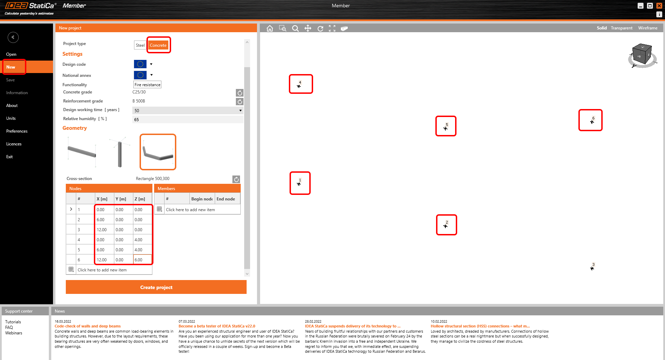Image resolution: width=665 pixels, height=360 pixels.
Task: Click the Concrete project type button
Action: tap(158, 45)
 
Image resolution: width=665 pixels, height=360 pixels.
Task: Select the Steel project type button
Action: tap(140, 45)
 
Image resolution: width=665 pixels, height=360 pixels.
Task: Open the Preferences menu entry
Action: tap(17, 131)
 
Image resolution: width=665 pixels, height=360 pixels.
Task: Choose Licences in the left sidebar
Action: tap(14, 144)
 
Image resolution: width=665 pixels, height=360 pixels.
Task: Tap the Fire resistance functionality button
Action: tap(148, 85)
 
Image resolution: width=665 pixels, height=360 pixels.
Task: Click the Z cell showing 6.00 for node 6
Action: tap(142, 260)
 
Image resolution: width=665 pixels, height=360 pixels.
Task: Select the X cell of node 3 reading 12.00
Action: tap(104, 230)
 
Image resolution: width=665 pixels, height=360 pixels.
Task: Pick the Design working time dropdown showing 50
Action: tap(188, 111)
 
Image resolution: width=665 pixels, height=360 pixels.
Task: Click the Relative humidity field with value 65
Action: tap(188, 120)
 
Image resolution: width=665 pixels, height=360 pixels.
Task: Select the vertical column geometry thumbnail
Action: tap(119, 152)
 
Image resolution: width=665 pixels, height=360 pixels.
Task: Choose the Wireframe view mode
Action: tap(648, 28)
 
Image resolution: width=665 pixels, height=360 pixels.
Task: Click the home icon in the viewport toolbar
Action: tap(270, 28)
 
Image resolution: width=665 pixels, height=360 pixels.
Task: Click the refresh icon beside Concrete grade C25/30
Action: tap(240, 93)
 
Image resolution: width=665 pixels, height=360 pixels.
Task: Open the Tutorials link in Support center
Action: tap(13, 322)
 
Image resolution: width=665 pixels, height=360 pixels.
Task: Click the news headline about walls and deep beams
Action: tap(88, 326)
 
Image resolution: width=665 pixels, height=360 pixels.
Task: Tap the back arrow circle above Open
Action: tap(13, 37)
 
